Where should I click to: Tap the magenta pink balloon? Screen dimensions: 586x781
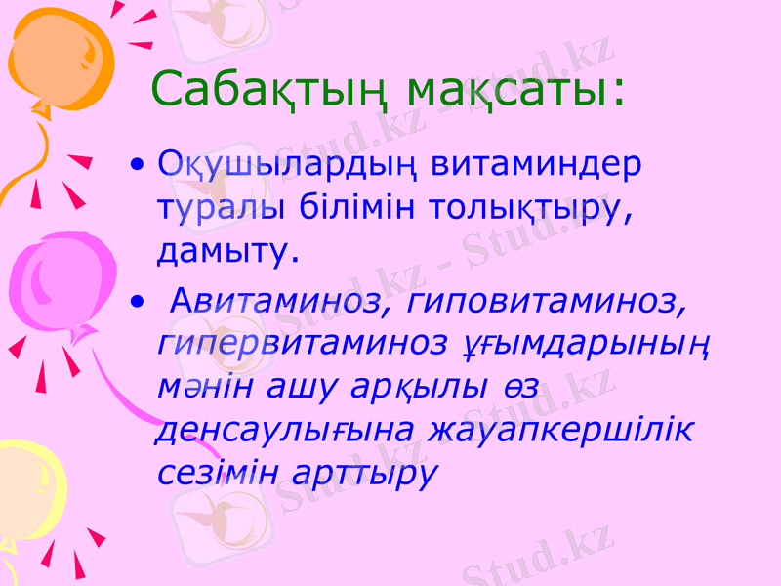click(x=59, y=283)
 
